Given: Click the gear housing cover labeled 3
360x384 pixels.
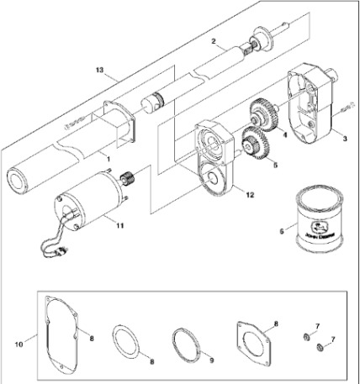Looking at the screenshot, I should coord(307,108).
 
